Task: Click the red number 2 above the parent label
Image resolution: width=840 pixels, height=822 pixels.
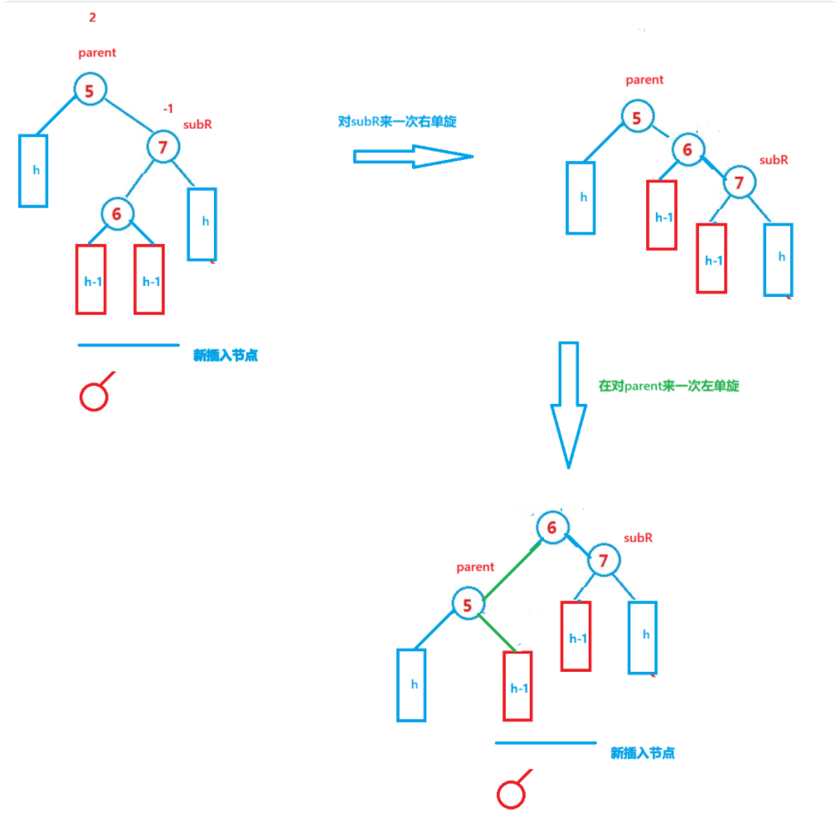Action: pyautogui.click(x=92, y=17)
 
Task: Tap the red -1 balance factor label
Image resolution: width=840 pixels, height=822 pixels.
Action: pyautogui.click(x=168, y=109)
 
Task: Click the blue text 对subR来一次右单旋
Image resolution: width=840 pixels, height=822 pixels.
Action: pyautogui.click(x=397, y=121)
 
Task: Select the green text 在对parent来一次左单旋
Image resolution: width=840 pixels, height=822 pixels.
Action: pyautogui.click(x=668, y=386)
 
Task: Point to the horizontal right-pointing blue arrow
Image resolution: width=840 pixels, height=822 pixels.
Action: pyautogui.click(x=413, y=156)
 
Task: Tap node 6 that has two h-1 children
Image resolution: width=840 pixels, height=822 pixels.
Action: pyautogui.click(x=117, y=214)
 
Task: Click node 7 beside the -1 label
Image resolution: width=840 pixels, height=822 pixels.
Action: pyautogui.click(x=163, y=148)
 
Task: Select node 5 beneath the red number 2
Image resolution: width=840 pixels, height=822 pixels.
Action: pyautogui.click(x=90, y=90)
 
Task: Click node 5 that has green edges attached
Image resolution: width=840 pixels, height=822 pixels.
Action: pyautogui.click(x=468, y=606)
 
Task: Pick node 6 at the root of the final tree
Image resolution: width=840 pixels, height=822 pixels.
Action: pyautogui.click(x=552, y=527)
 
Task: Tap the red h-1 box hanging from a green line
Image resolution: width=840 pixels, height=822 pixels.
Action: pyautogui.click(x=518, y=686)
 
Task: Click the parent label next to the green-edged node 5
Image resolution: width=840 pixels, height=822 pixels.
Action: pyautogui.click(x=475, y=567)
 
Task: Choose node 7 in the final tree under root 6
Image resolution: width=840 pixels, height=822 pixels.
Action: pyautogui.click(x=604, y=562)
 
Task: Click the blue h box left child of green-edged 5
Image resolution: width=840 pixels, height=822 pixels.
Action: pyautogui.click(x=411, y=684)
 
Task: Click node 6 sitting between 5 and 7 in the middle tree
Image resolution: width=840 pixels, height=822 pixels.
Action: pyautogui.click(x=687, y=150)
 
